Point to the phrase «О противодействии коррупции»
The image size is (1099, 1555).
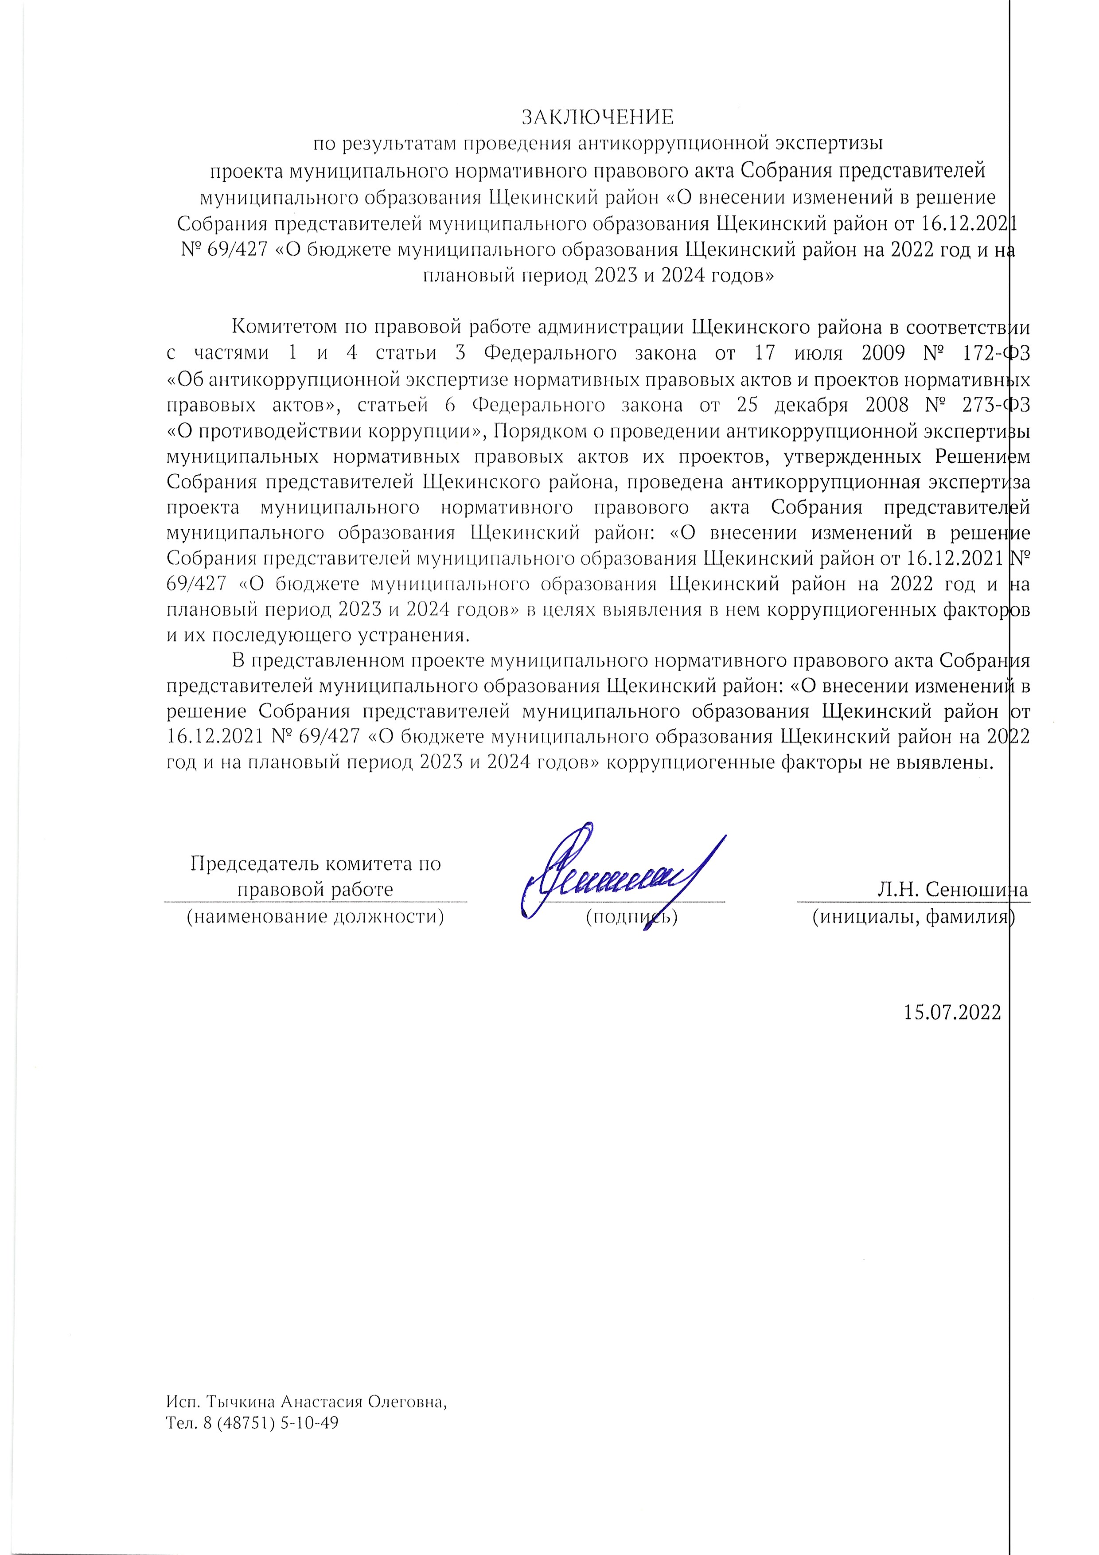327,431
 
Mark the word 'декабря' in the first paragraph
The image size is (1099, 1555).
811,405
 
